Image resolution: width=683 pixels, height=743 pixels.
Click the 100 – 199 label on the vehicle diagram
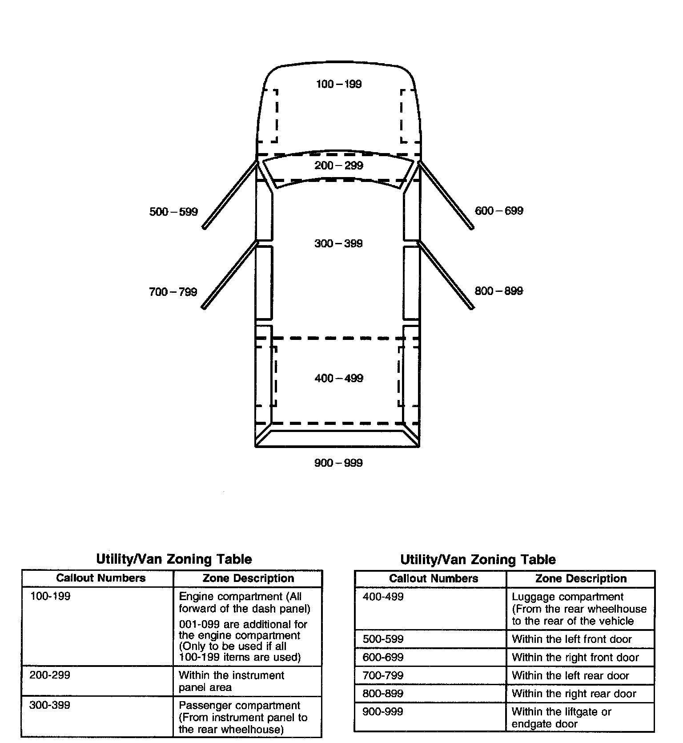[x=338, y=84]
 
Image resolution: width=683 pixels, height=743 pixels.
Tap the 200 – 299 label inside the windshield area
[x=338, y=166]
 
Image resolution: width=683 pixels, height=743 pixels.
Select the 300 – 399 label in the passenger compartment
[x=338, y=243]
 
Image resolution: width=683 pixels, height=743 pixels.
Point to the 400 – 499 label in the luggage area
[x=338, y=378]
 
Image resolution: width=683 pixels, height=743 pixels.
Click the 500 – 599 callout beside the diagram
[x=173, y=212]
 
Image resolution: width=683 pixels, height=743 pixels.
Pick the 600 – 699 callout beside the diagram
[x=499, y=211]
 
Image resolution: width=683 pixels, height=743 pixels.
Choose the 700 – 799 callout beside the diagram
[x=173, y=292]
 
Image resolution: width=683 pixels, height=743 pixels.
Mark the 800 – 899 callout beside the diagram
[x=499, y=291]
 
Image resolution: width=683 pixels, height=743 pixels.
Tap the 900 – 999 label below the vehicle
[x=338, y=463]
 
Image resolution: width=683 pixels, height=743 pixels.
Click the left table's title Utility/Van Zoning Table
[x=174, y=559]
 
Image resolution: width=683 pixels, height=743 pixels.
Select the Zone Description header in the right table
[x=581, y=578]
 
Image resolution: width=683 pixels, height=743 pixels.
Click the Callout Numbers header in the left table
[x=100, y=578]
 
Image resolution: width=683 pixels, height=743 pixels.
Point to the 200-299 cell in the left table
[x=50, y=675]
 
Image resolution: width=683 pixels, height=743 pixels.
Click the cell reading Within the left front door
[x=571, y=639]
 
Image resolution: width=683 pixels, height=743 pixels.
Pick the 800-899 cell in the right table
[x=383, y=694]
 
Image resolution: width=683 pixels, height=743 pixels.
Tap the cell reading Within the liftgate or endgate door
[x=562, y=718]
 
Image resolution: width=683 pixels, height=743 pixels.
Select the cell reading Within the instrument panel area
[x=231, y=681]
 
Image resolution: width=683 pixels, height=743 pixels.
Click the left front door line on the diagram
[x=230, y=195]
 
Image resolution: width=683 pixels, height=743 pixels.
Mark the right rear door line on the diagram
[x=446, y=275]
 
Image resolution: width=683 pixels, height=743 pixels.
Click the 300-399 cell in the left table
[x=50, y=705]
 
